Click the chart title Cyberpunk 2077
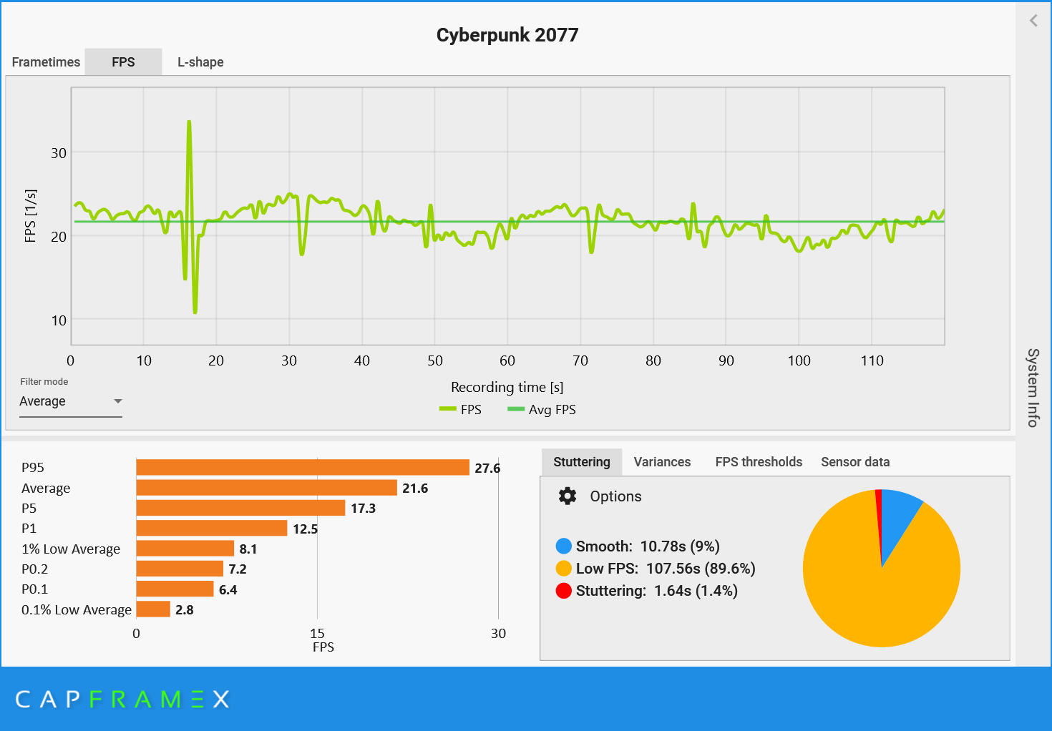click(507, 35)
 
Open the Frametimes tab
click(46, 62)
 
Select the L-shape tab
click(200, 62)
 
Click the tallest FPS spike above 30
click(189, 124)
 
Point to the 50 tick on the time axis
click(435, 360)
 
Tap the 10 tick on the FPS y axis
click(59, 320)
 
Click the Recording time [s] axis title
click(507, 387)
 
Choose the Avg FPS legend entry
click(542, 410)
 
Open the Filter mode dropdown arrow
click(118, 401)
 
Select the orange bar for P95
click(302, 468)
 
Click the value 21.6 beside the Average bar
click(415, 489)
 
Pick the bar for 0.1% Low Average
click(153, 609)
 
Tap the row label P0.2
click(34, 569)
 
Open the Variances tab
click(662, 462)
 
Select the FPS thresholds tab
click(759, 462)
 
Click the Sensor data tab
click(855, 462)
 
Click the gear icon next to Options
click(568, 496)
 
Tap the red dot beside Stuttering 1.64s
click(564, 591)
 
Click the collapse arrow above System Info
click(1033, 21)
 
